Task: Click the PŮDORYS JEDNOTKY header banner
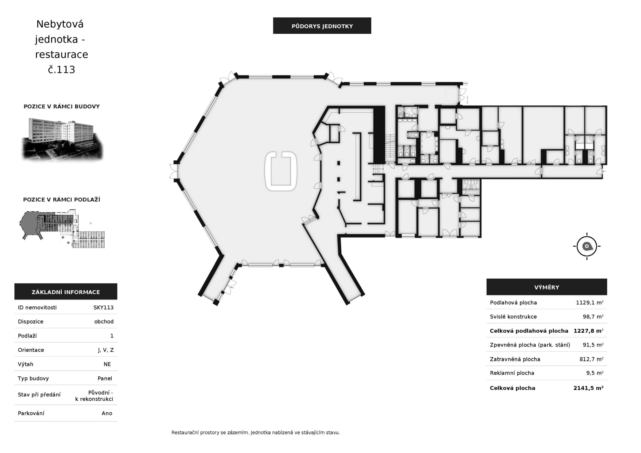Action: (x=322, y=26)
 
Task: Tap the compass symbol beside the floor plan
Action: (x=587, y=246)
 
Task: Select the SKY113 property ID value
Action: (x=104, y=307)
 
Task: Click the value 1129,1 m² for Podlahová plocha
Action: (x=590, y=302)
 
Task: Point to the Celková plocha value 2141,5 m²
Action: (x=588, y=388)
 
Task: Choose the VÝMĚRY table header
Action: (x=547, y=287)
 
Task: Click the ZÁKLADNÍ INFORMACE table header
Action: (x=66, y=292)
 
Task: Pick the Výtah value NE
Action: (x=107, y=364)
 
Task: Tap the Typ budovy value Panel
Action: (x=105, y=378)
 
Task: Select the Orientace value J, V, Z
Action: (x=106, y=350)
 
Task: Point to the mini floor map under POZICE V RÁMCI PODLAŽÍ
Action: (x=62, y=229)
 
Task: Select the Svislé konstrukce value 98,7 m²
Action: (x=593, y=317)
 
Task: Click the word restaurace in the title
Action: (x=62, y=54)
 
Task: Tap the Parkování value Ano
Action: (x=107, y=413)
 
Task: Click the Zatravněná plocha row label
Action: (x=515, y=359)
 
